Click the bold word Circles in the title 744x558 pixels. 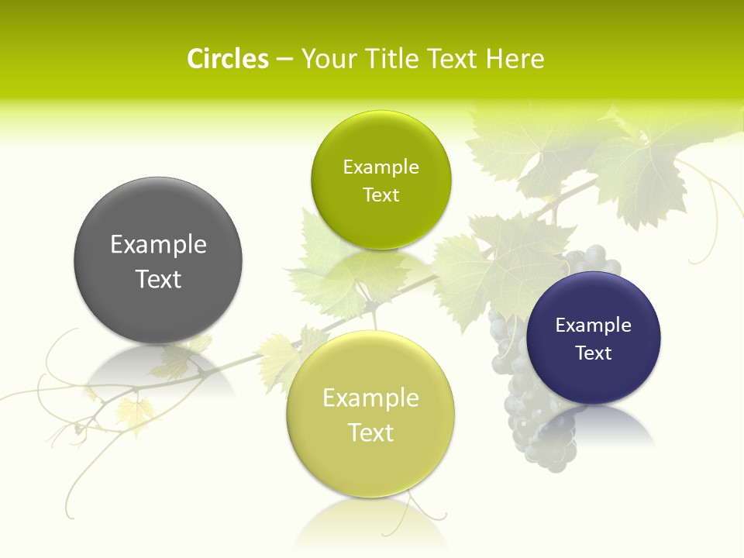[x=227, y=59]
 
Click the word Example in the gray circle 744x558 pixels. [x=158, y=245]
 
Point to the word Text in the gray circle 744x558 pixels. [x=158, y=279]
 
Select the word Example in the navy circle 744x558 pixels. [x=594, y=325]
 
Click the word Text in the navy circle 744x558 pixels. [x=594, y=353]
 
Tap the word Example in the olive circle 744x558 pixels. [x=381, y=167]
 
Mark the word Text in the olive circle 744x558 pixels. [x=381, y=195]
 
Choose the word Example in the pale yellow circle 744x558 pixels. [x=370, y=398]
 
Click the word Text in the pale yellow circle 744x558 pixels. [x=370, y=432]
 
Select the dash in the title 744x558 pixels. [x=284, y=60]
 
